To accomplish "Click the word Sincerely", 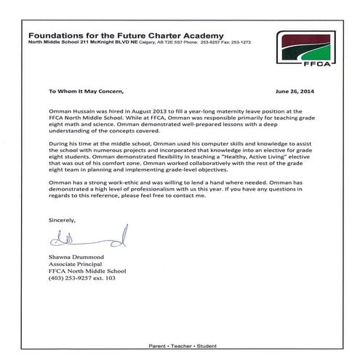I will tap(62, 219).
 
